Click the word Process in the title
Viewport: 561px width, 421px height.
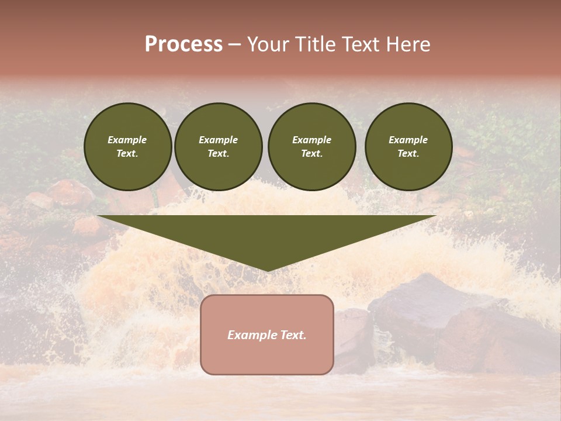[183, 44]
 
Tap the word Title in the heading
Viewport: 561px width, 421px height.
[314, 44]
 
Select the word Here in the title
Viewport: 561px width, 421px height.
[408, 44]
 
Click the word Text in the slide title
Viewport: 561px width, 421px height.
[361, 44]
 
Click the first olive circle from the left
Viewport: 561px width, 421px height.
[127, 147]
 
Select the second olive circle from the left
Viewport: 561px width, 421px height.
[219, 147]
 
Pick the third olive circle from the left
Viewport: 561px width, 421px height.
[311, 147]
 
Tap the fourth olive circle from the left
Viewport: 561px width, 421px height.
[408, 147]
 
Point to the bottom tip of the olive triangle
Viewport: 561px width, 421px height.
[268, 270]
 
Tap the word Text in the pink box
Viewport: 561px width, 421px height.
[293, 335]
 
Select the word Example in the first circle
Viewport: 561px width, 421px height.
[127, 140]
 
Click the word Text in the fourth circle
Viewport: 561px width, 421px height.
[408, 153]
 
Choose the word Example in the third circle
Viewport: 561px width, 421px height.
[311, 140]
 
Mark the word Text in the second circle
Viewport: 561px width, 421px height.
[219, 153]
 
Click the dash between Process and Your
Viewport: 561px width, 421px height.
[235, 44]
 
